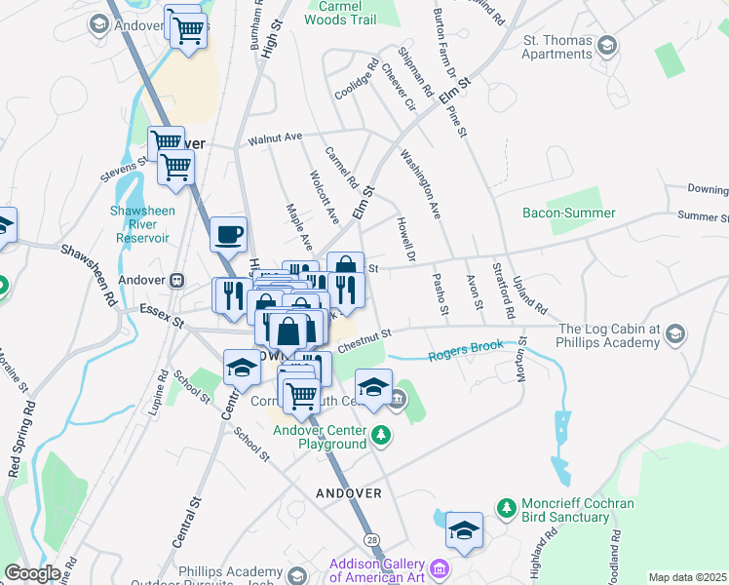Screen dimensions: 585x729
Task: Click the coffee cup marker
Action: click(228, 235)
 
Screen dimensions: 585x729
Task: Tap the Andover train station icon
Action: click(177, 280)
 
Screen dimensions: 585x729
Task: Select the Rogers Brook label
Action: click(466, 346)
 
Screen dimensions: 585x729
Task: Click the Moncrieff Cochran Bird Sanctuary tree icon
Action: click(506, 507)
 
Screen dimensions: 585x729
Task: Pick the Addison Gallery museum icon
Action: click(439, 567)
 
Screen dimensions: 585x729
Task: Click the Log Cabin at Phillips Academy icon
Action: click(673, 336)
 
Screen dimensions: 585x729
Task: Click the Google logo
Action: click(33, 573)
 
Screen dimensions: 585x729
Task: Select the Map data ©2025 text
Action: click(687, 577)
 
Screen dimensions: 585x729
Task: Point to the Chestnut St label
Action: click(364, 339)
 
